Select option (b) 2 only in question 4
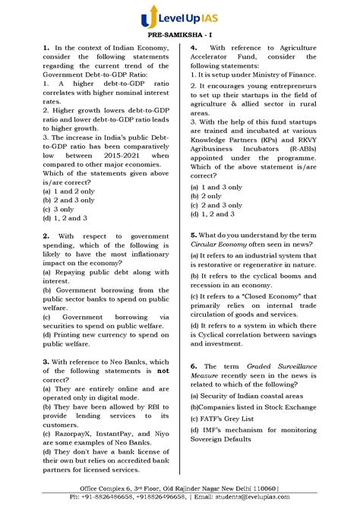(210, 195)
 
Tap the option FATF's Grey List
(228, 419)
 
